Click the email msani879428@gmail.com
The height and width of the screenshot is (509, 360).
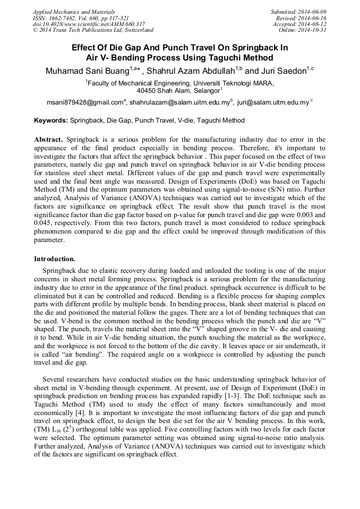(x=84, y=102)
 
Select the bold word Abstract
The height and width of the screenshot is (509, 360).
(x=49, y=140)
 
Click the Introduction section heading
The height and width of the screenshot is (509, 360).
(x=55, y=259)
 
